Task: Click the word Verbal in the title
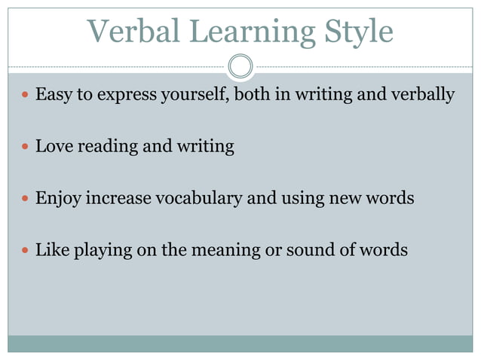(133, 32)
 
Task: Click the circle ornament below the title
(240, 66)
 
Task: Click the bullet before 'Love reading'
(25, 147)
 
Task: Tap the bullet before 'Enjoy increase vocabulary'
(25, 200)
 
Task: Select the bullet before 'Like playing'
(25, 251)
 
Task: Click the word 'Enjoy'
(58, 200)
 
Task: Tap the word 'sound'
(306, 250)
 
